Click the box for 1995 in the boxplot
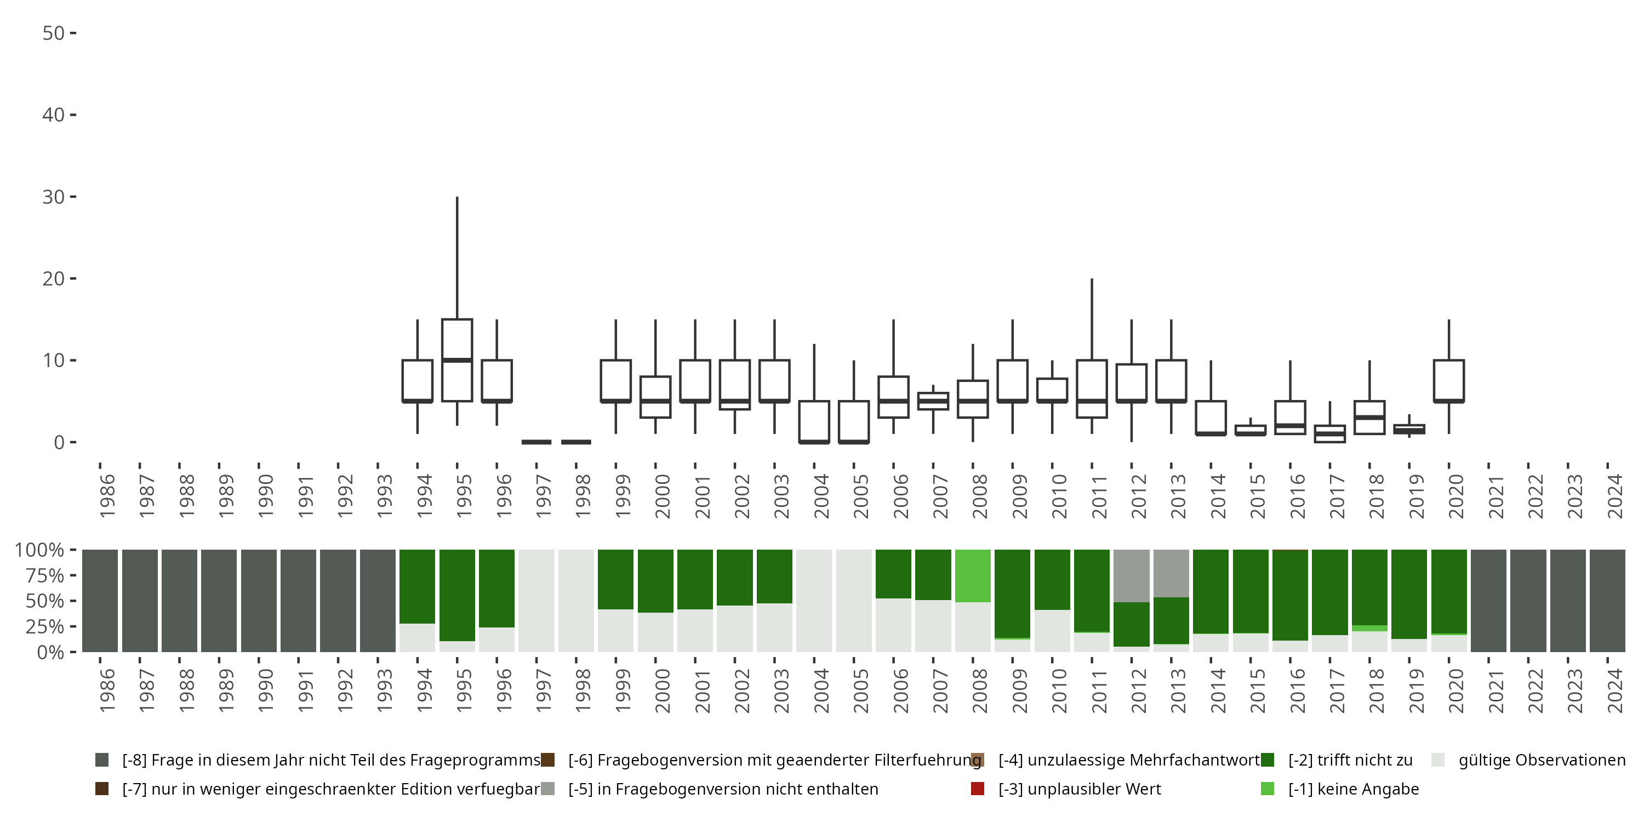457,360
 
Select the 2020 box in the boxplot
1449,381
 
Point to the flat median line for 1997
536,442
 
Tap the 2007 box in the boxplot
933,401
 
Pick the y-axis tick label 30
54,197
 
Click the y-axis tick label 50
54,33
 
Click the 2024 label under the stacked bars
1614,690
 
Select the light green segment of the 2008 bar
973,575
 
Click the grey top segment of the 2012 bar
1132,575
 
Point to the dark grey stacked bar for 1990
259,601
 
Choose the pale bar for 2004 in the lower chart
814,601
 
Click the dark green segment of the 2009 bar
1012,593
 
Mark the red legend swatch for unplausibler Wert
977,789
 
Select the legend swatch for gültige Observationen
1438,760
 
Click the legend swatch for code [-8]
101,760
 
